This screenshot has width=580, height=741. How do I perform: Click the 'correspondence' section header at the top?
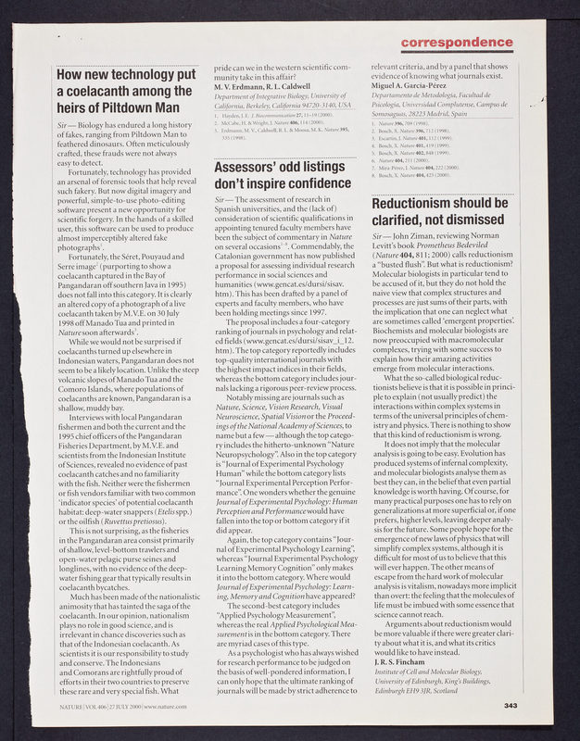(x=457, y=43)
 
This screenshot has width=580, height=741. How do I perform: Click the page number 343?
(x=510, y=706)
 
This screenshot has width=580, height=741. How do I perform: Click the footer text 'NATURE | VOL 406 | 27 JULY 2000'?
(x=102, y=707)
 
